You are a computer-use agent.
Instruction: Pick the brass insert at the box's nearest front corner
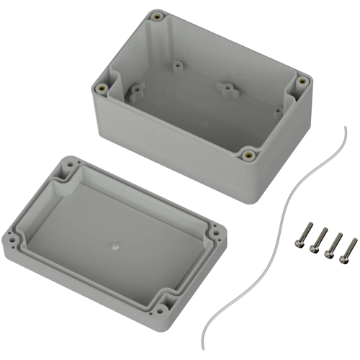click(x=248, y=153)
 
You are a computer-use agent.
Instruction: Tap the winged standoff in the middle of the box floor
click(x=228, y=89)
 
